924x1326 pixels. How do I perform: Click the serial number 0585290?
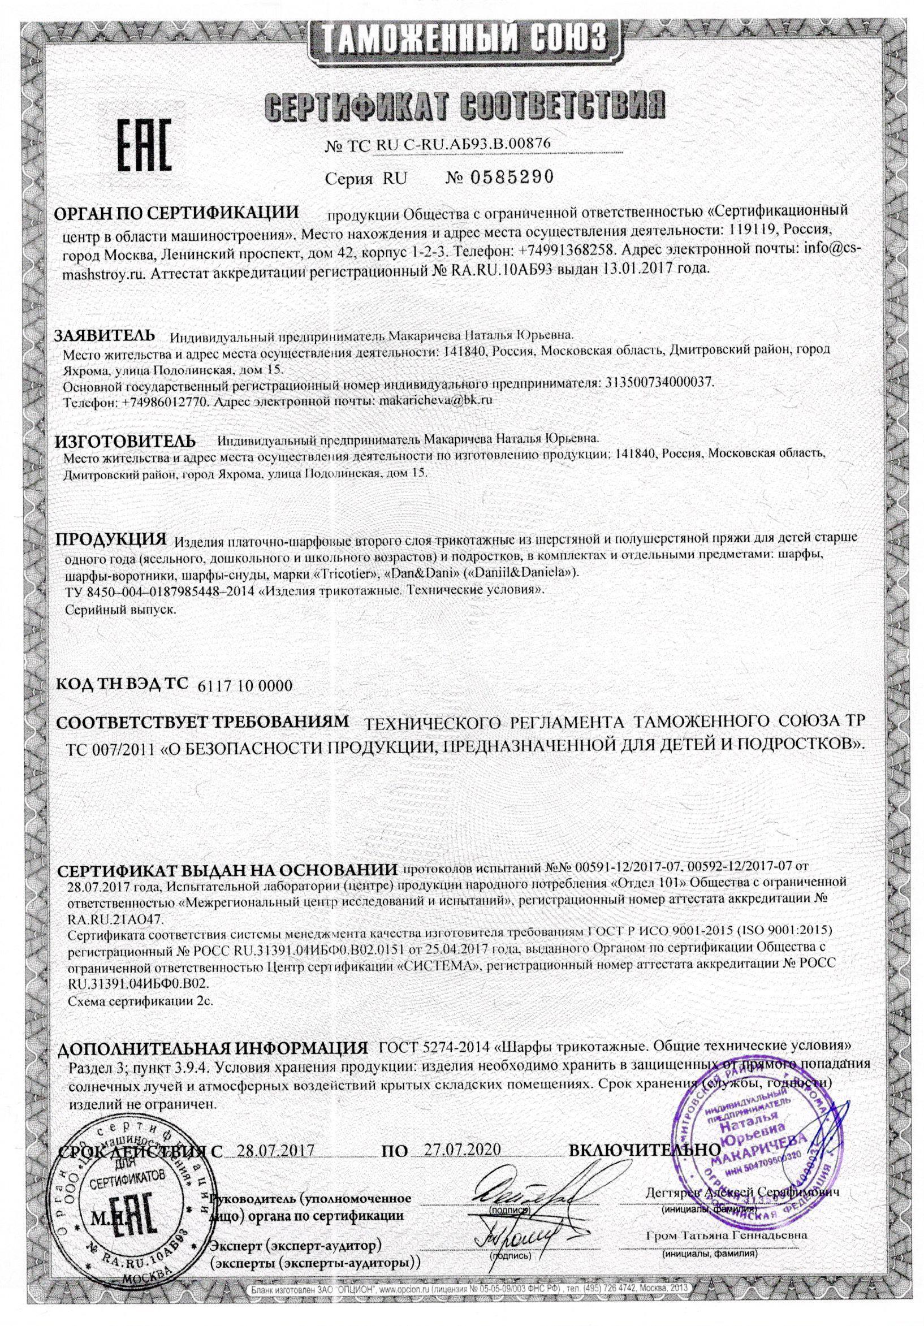pyautogui.click(x=499, y=178)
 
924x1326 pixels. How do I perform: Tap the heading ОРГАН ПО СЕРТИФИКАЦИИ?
pyautogui.click(x=179, y=213)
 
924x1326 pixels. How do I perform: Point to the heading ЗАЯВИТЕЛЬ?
pyautogui.click(x=105, y=336)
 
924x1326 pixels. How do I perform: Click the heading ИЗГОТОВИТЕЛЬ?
pyautogui.click(x=125, y=440)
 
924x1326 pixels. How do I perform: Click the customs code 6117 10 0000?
pyautogui.click(x=245, y=685)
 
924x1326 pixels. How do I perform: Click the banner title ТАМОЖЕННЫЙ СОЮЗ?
pyautogui.click(x=462, y=38)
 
